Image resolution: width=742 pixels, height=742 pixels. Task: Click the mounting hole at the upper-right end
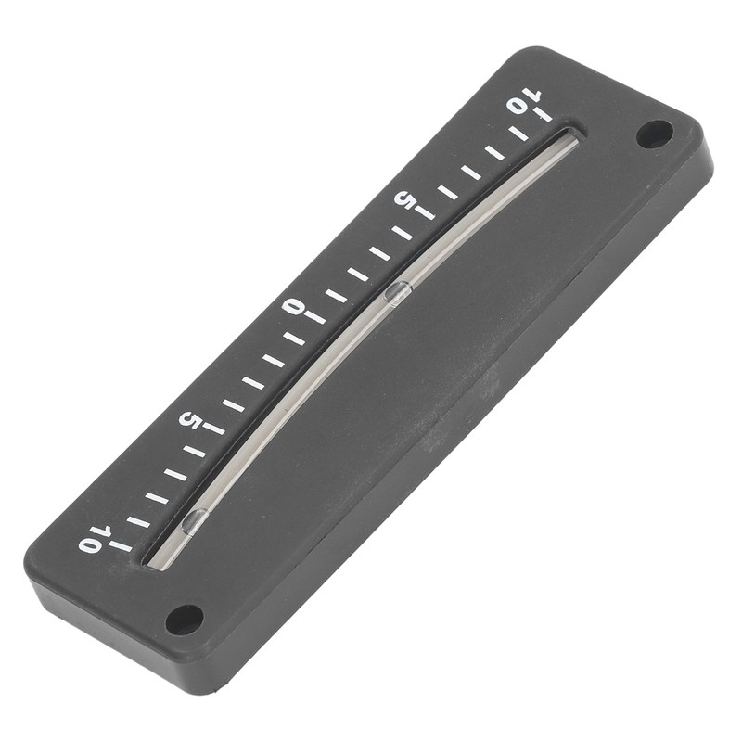click(x=654, y=134)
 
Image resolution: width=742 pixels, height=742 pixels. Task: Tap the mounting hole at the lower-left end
click(x=184, y=620)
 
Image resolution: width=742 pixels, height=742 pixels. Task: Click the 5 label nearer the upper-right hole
click(x=405, y=198)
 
